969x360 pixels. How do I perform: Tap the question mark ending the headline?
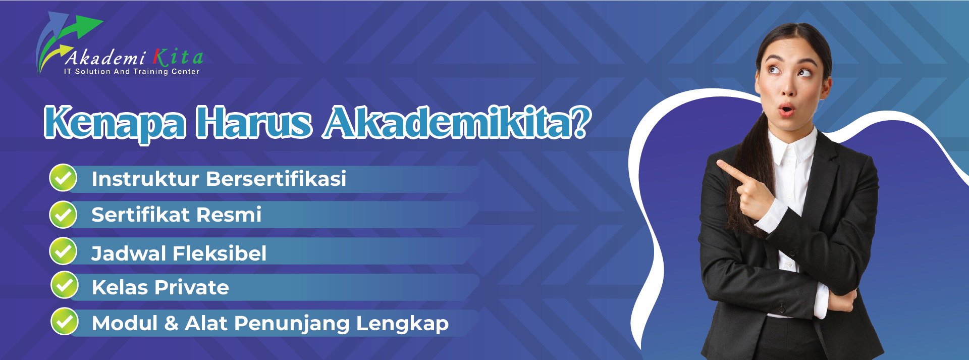(581, 121)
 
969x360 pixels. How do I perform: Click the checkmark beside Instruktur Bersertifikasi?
(63, 178)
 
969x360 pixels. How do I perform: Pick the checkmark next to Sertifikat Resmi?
(63, 215)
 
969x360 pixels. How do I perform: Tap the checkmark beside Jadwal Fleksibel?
(63, 251)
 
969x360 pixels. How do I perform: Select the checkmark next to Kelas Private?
(65, 285)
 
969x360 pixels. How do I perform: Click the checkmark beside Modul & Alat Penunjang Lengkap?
(65, 322)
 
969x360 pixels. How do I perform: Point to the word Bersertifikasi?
(276, 179)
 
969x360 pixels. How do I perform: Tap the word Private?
(192, 287)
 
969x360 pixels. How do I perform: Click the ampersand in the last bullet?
(172, 323)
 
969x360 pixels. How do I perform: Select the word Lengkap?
(402, 324)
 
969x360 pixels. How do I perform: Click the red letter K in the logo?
(160, 57)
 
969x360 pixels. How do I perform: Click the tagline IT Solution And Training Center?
(131, 72)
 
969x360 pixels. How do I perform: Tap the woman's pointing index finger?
(731, 170)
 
